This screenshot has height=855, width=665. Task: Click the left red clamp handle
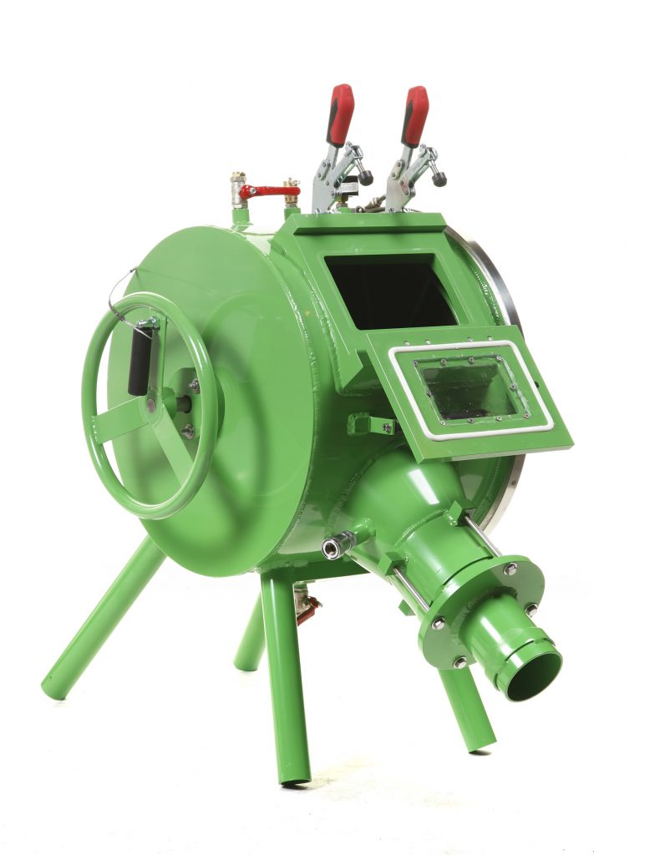(x=339, y=114)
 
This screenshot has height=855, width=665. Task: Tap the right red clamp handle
(x=414, y=115)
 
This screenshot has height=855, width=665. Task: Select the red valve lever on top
(x=267, y=191)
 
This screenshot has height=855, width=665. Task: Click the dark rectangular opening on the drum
(x=389, y=291)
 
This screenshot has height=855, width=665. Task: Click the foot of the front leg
(x=294, y=778)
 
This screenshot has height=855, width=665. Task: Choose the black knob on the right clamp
(x=439, y=178)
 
